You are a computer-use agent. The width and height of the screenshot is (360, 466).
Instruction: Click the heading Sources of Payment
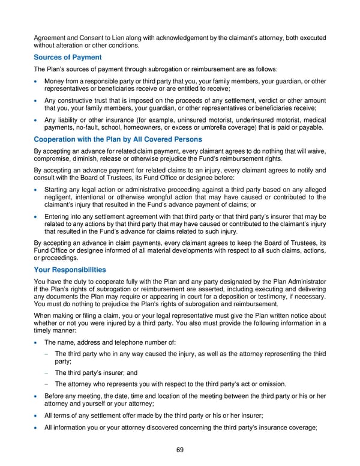coord(67,57)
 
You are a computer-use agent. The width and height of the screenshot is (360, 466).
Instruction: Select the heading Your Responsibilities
coord(70,270)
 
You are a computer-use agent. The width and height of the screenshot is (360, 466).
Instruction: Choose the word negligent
coord(61,197)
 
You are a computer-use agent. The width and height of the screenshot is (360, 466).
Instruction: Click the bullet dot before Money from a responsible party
coord(37,81)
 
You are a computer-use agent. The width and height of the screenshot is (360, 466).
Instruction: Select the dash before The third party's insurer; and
coord(46,373)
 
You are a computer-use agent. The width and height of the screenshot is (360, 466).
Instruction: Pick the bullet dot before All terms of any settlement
coord(37,416)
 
